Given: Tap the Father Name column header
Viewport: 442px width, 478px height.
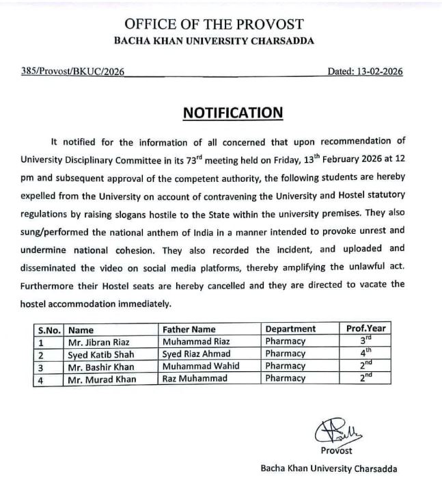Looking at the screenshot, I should (x=189, y=329).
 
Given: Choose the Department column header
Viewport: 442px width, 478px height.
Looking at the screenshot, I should (x=290, y=329).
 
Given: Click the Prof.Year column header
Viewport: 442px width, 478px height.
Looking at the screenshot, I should (x=366, y=329).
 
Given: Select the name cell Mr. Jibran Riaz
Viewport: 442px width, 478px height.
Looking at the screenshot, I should (x=98, y=341).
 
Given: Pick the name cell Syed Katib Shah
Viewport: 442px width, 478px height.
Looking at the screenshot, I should (x=100, y=354).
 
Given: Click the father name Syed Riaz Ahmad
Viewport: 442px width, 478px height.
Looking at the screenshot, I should (x=195, y=354).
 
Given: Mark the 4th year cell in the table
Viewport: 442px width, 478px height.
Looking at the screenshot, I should (x=366, y=354).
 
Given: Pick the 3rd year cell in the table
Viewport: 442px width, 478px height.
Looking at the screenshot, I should (x=366, y=341).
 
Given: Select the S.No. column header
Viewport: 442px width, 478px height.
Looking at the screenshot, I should (x=49, y=329).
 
